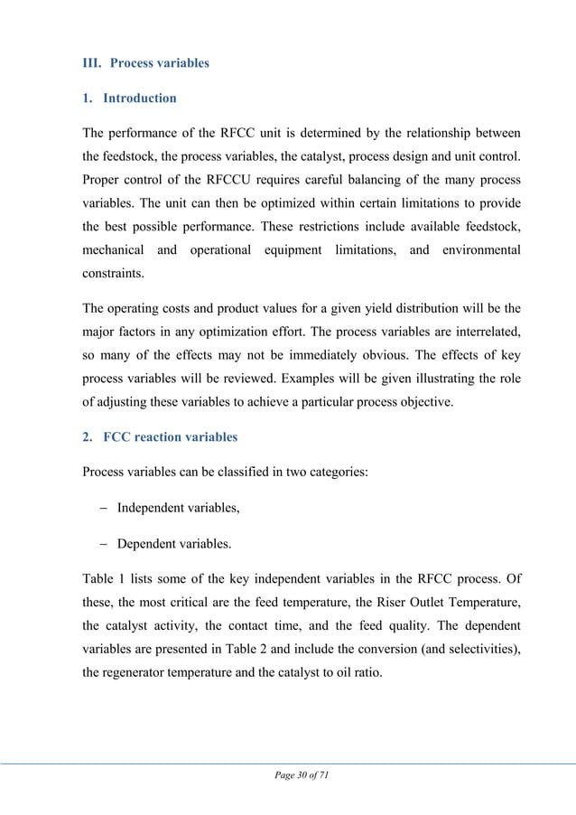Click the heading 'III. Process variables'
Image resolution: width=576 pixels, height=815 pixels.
[x=145, y=63]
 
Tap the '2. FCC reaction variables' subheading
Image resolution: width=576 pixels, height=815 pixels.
[x=160, y=437]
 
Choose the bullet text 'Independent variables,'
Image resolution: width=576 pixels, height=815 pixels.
[x=178, y=508]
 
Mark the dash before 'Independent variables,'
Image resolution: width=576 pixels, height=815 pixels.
[x=102, y=508]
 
